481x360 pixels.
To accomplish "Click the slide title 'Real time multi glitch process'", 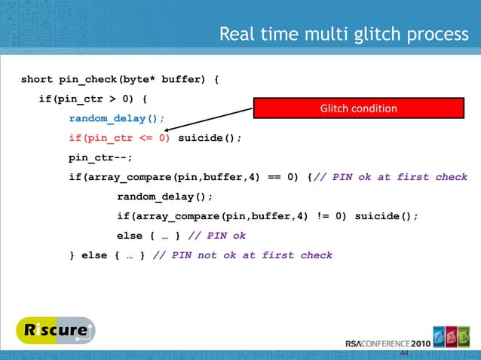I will tap(343, 35).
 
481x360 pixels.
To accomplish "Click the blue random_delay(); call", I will tap(117, 118).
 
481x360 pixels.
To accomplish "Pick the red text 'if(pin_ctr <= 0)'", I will tap(120, 138).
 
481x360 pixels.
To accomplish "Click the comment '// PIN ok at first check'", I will tap(391, 177).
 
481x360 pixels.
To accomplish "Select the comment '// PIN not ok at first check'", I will tap(242, 255).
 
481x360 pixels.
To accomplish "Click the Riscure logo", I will tap(54, 330).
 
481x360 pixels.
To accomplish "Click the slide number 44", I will tap(404, 353).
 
